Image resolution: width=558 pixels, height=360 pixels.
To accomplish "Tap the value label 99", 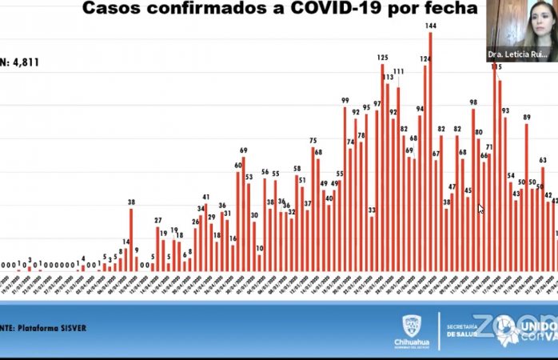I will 345,101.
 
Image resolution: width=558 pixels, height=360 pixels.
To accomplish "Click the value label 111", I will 398,72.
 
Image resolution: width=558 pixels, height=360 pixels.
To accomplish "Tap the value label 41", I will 205,197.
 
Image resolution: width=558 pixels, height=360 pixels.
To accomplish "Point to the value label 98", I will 473,102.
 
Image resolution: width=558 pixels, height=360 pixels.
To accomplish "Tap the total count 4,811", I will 24,62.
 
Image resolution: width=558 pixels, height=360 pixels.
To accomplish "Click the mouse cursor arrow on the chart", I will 480,209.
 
